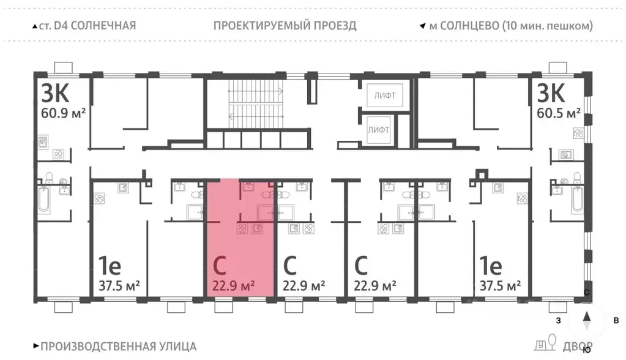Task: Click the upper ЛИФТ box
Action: [381, 96]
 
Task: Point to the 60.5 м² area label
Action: [559, 113]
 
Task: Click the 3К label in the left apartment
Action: [54, 93]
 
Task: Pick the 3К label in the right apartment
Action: [551, 93]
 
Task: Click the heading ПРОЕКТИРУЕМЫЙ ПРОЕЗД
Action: [285, 26]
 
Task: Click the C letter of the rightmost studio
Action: [361, 266]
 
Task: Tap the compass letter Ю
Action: [587, 351]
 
